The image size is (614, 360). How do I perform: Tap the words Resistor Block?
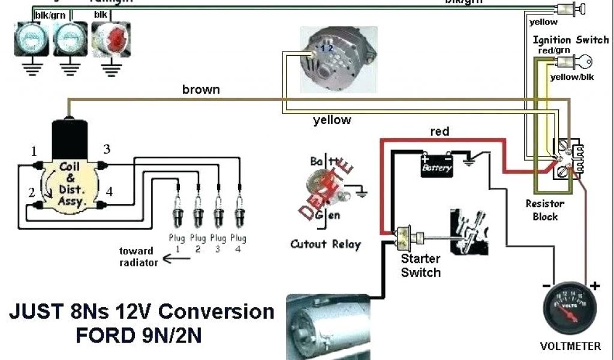(x=545, y=210)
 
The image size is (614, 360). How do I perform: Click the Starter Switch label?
(x=420, y=266)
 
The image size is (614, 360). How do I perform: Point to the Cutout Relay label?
(x=326, y=244)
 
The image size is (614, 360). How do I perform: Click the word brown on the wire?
(x=201, y=90)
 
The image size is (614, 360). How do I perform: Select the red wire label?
(x=440, y=131)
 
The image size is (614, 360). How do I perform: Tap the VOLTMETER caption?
(x=571, y=346)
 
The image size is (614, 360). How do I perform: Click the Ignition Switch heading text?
(x=570, y=40)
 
